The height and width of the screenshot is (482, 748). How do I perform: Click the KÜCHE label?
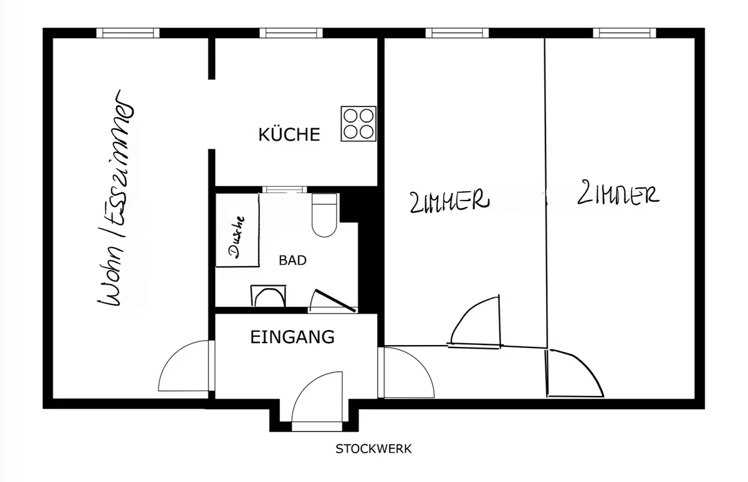[289, 134]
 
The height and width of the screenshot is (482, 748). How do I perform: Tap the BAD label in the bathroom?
[292, 260]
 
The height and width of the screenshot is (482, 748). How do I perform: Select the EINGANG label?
[292, 337]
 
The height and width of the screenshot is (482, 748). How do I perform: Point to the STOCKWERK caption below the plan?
[373, 449]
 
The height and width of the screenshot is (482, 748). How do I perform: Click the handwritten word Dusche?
[236, 237]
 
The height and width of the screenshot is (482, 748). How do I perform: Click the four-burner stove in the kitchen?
[358, 124]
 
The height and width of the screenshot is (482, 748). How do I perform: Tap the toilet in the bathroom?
[324, 215]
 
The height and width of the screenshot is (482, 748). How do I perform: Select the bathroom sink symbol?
[268, 296]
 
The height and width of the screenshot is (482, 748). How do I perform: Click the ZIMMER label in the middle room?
[449, 202]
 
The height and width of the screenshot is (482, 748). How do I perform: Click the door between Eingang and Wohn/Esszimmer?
[186, 366]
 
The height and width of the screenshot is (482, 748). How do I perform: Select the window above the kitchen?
[291, 33]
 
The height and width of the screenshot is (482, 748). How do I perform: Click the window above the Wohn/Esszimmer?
[128, 33]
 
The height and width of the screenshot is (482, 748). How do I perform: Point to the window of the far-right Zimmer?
[625, 33]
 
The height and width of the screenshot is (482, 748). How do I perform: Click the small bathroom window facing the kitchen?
[284, 190]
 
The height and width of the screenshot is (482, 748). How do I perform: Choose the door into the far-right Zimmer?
[574, 373]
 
